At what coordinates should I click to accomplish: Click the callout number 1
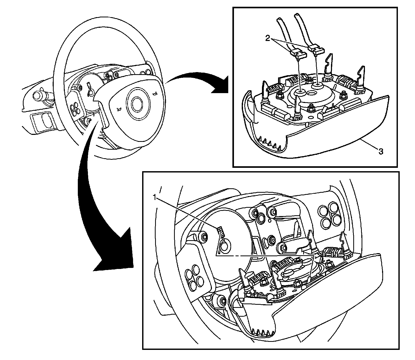coord(155,198)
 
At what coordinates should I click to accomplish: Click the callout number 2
coord(267,38)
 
